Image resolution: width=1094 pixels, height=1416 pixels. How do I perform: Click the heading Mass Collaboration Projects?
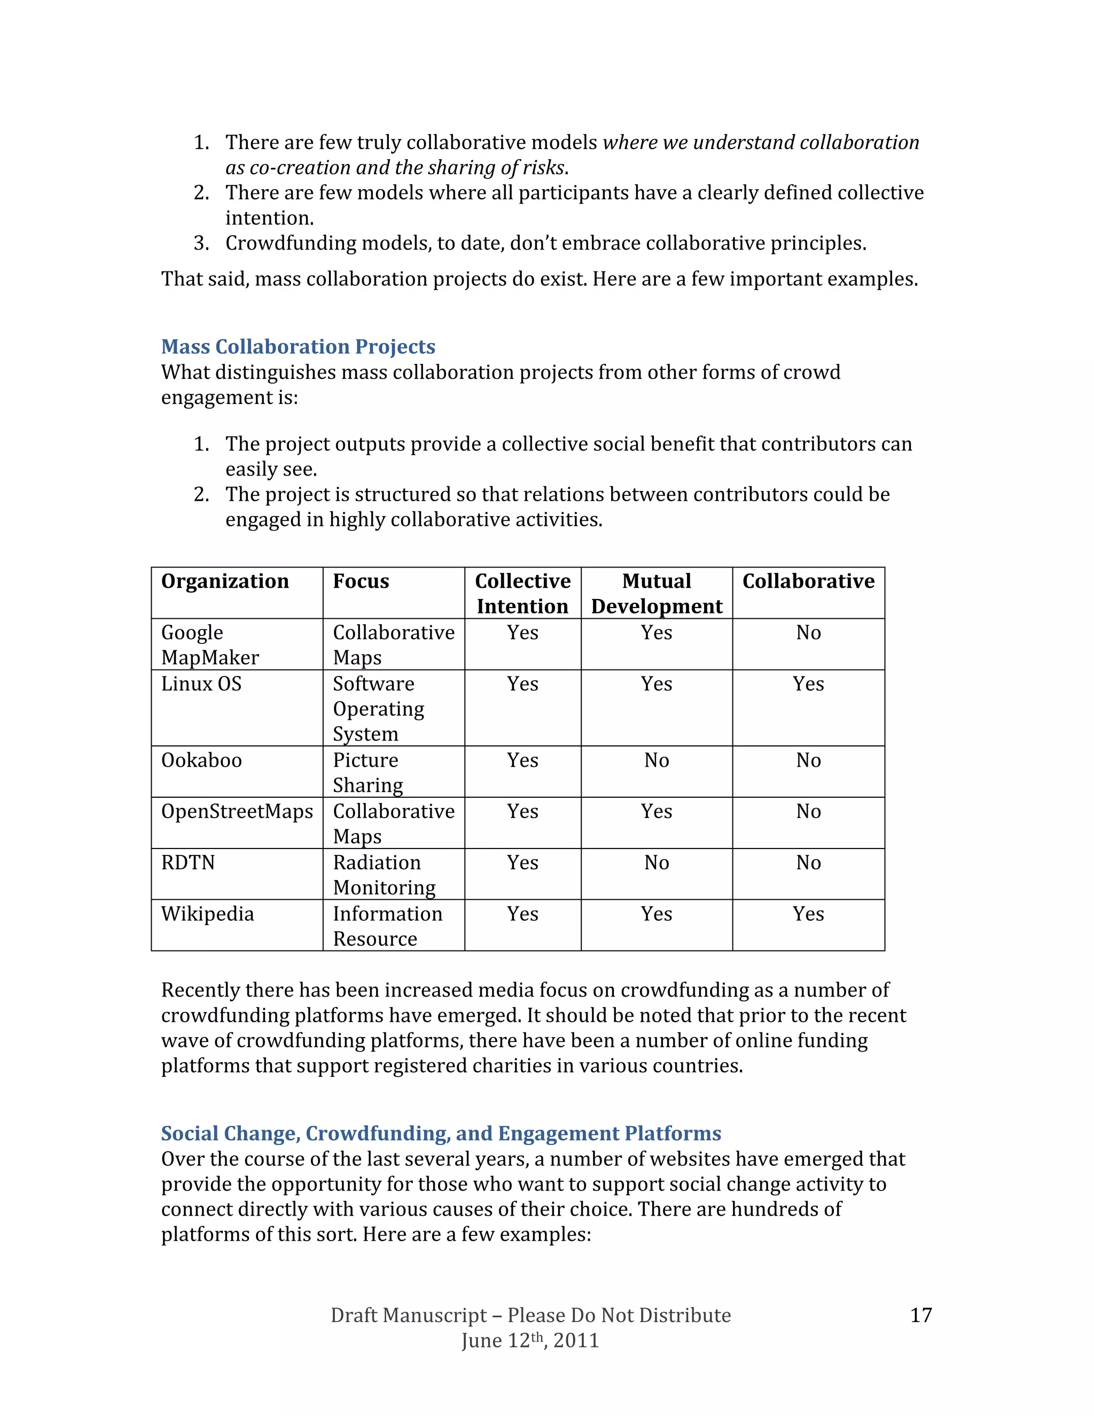[x=298, y=347]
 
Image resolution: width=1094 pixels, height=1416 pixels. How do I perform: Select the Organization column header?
[x=225, y=581]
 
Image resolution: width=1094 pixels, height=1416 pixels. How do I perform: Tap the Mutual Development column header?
[x=657, y=593]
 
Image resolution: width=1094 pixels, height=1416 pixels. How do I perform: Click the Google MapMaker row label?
[x=210, y=644]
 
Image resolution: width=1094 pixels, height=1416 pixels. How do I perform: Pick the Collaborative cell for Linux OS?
[x=808, y=684]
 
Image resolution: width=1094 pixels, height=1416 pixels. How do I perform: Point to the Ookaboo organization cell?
[x=201, y=760]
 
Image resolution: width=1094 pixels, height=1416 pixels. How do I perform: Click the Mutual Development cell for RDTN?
[x=657, y=863]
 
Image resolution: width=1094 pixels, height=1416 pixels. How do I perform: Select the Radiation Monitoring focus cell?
[x=384, y=875]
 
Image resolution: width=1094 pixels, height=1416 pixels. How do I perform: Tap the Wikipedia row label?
[x=207, y=914]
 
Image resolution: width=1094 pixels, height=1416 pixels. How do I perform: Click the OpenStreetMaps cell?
[x=237, y=812]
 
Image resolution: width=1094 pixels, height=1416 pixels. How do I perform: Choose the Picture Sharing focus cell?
[x=368, y=772]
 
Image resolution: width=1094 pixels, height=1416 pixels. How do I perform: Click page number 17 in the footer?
[x=921, y=1316]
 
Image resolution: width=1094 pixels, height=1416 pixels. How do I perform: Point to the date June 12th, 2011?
[x=530, y=1340]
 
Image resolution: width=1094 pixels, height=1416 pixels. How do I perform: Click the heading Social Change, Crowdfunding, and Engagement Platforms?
[x=441, y=1133]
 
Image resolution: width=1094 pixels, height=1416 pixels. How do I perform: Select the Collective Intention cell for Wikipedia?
[x=522, y=914]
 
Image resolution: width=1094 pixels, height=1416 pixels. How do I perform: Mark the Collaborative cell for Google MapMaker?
[x=808, y=633]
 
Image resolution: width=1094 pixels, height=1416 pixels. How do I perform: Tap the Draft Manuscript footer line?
[x=530, y=1316]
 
